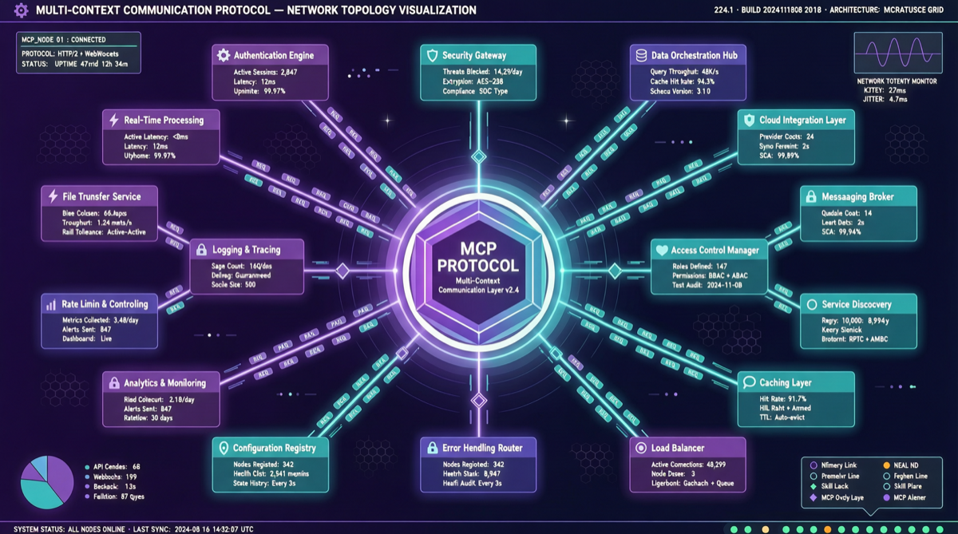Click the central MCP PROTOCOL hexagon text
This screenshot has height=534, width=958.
tap(478, 256)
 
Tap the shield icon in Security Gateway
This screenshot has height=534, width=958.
tap(433, 56)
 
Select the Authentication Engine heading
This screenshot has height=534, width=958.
tap(274, 56)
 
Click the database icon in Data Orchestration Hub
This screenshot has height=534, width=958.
tap(639, 55)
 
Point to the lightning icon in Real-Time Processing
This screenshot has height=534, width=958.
tap(113, 120)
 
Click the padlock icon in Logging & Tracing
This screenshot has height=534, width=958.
tap(201, 250)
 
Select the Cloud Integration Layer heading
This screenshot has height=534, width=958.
tap(803, 120)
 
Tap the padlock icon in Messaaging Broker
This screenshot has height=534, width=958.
tap(811, 196)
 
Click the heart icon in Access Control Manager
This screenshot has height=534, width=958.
tap(661, 250)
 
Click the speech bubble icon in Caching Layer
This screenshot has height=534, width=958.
tap(749, 382)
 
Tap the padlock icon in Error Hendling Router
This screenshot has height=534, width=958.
tap(432, 449)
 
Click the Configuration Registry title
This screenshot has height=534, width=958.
tap(274, 449)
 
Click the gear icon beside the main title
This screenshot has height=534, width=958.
tap(22, 10)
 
